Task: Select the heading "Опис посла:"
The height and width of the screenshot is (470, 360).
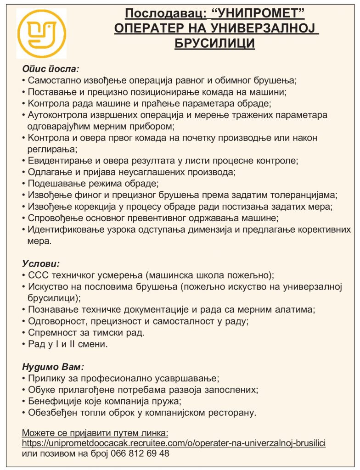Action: pyautogui.click(x=51, y=69)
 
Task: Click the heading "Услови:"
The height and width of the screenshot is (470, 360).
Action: pyautogui.click(x=41, y=264)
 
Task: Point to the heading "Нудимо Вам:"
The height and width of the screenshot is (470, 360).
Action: pyautogui.click(x=53, y=367)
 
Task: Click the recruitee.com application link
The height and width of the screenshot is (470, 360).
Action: pyautogui.click(x=174, y=443)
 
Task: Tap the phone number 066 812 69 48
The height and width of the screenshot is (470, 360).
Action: pyautogui.click(x=138, y=453)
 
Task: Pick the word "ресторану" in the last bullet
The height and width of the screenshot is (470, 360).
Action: pyautogui.click(x=232, y=413)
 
